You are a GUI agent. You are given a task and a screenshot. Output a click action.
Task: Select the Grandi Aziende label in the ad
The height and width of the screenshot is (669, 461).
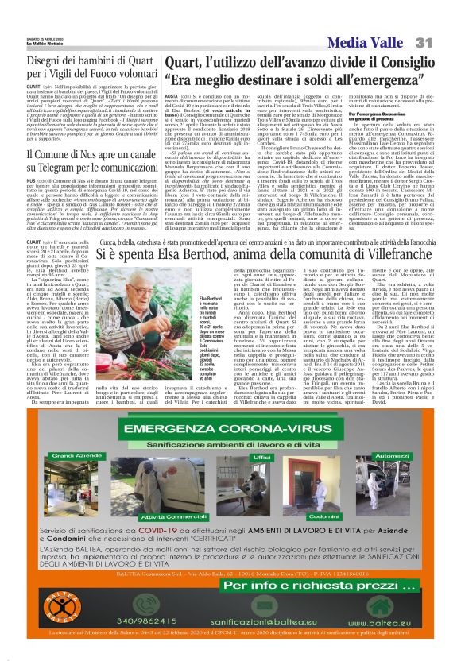pos(72,457)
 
